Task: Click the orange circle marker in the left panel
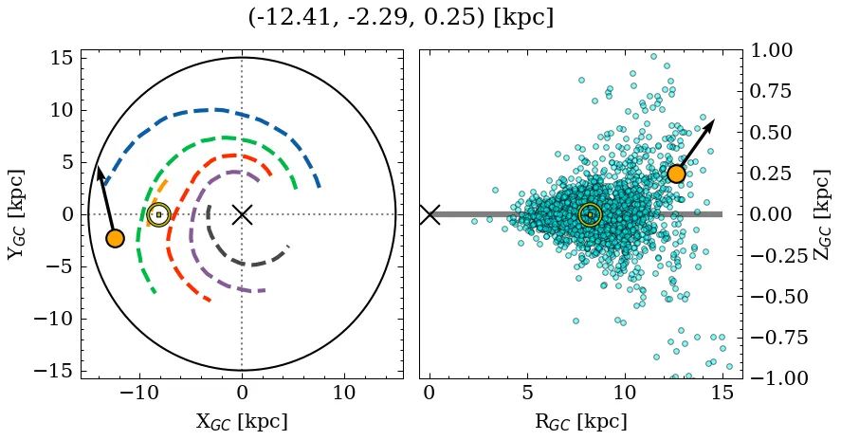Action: tap(115, 238)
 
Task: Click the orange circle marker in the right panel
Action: tap(676, 174)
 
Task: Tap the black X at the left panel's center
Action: tap(242, 214)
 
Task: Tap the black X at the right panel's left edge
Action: tap(430, 214)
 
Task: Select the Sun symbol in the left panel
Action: tap(159, 214)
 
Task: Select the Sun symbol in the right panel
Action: tap(590, 214)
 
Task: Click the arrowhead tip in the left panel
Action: tap(97, 166)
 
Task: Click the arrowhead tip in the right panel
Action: tap(713, 120)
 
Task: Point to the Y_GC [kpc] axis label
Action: tap(16, 214)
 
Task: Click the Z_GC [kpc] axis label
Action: tap(822, 214)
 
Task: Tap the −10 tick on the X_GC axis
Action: tap(139, 393)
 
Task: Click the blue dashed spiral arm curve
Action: tap(218, 110)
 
